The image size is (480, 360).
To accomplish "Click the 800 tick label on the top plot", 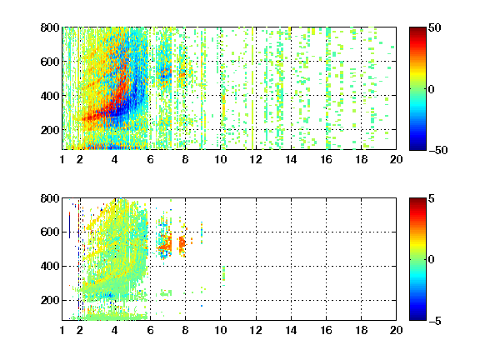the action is tap(50, 27).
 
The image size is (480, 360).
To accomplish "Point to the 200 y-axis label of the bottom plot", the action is tap(50, 300).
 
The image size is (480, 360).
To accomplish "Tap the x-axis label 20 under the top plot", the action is tap(396, 159).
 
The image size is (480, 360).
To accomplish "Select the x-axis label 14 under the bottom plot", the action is tap(291, 330).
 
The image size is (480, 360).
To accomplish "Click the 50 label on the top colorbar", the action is tap(435, 27).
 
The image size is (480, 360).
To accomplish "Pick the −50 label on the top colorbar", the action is tap(438, 150).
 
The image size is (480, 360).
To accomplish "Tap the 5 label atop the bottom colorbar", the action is tap(432, 198).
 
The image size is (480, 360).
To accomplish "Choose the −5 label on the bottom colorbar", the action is tap(435, 321).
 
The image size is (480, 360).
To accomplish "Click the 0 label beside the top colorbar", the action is tap(432, 89).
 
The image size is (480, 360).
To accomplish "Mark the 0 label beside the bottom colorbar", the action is tap(432, 260).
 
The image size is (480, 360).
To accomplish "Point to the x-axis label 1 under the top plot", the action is tap(62, 159).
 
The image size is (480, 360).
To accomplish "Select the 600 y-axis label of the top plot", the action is tap(50, 62).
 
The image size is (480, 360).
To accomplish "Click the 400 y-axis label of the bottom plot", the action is tap(50, 266).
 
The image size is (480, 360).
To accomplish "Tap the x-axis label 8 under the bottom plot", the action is tap(185, 330).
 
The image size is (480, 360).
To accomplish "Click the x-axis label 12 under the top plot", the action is tap(256, 159).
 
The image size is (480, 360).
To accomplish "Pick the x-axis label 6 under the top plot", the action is tap(150, 159).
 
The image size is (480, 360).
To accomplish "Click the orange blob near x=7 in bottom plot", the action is tap(166, 244).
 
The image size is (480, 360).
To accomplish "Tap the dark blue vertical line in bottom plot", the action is tap(70, 226).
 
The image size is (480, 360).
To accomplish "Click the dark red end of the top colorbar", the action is tap(417, 30).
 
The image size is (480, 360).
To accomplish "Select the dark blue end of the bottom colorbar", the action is tap(417, 317).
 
